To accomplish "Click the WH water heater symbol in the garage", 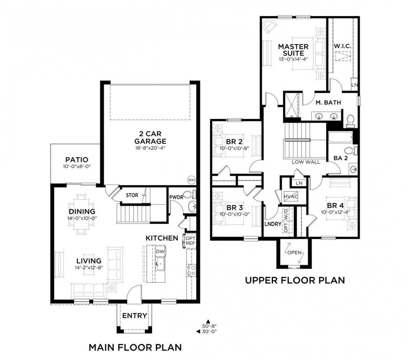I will click(191, 180).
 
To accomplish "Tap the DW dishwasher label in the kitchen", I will click(160, 251).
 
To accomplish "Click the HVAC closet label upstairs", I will click(291, 196).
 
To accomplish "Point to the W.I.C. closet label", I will click(342, 46).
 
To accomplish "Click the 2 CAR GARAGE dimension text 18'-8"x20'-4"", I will click(150, 148).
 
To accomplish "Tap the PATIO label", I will click(76, 160).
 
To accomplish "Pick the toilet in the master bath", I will click(350, 121).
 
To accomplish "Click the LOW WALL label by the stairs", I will click(306, 162).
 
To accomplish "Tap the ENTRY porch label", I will click(134, 316).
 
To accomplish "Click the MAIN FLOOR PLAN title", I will click(135, 347).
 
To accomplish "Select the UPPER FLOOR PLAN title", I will click(295, 280).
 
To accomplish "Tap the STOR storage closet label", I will click(132, 195).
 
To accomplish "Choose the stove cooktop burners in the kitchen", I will click(191, 270).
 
